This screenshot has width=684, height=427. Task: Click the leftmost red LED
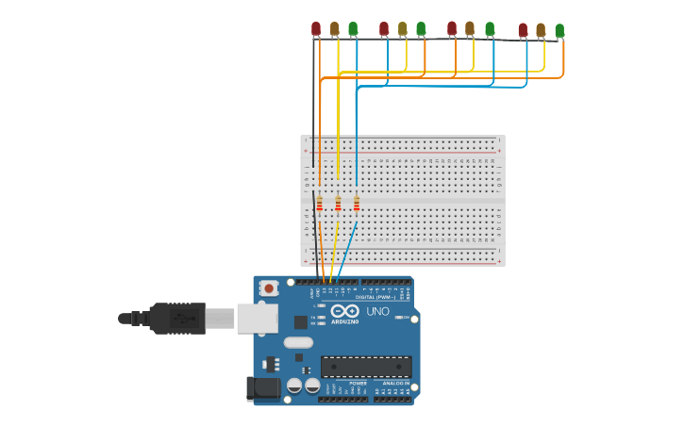316,29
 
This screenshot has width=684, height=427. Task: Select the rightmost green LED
559,31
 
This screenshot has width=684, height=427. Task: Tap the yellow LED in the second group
403,29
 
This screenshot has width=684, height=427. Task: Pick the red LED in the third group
452,28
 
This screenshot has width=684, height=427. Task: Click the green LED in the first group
353,29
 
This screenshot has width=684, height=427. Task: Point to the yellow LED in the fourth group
541,31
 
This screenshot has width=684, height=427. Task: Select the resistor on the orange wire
320,204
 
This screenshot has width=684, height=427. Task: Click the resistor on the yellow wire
338,204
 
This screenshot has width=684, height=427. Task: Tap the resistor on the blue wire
357,204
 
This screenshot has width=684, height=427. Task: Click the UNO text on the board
377,311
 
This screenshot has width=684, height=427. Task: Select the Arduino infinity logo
344,311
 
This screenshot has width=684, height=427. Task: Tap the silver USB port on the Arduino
257,319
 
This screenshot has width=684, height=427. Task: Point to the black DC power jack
262,387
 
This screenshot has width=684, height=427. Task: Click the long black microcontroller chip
366,367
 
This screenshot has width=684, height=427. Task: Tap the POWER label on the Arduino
359,384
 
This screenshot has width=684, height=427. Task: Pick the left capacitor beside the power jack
294,386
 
